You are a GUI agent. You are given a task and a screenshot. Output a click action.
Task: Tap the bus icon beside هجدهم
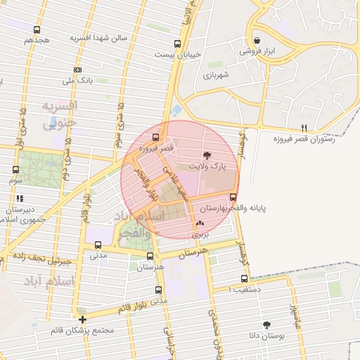(37, 30)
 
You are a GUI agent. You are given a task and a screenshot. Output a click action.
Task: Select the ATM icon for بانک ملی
(77, 70)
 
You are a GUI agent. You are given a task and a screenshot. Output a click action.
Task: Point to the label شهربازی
(217, 75)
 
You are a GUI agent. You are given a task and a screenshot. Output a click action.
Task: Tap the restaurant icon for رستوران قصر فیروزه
(304, 128)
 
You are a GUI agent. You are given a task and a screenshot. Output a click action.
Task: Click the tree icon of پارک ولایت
(207, 155)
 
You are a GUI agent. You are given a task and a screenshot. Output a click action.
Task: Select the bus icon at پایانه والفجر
(233, 198)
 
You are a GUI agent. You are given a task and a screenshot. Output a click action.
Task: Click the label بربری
(202, 236)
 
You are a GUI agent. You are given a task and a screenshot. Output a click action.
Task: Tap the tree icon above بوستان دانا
(266, 325)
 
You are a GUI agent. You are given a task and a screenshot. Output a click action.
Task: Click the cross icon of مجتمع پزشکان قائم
(83, 319)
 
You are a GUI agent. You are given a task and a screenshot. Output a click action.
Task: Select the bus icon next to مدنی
(97, 245)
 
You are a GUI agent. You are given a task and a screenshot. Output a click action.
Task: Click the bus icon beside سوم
(15, 169)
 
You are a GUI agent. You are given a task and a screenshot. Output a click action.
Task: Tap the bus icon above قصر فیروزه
(155, 137)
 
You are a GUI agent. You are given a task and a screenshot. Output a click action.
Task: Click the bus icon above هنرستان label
(150, 257)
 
